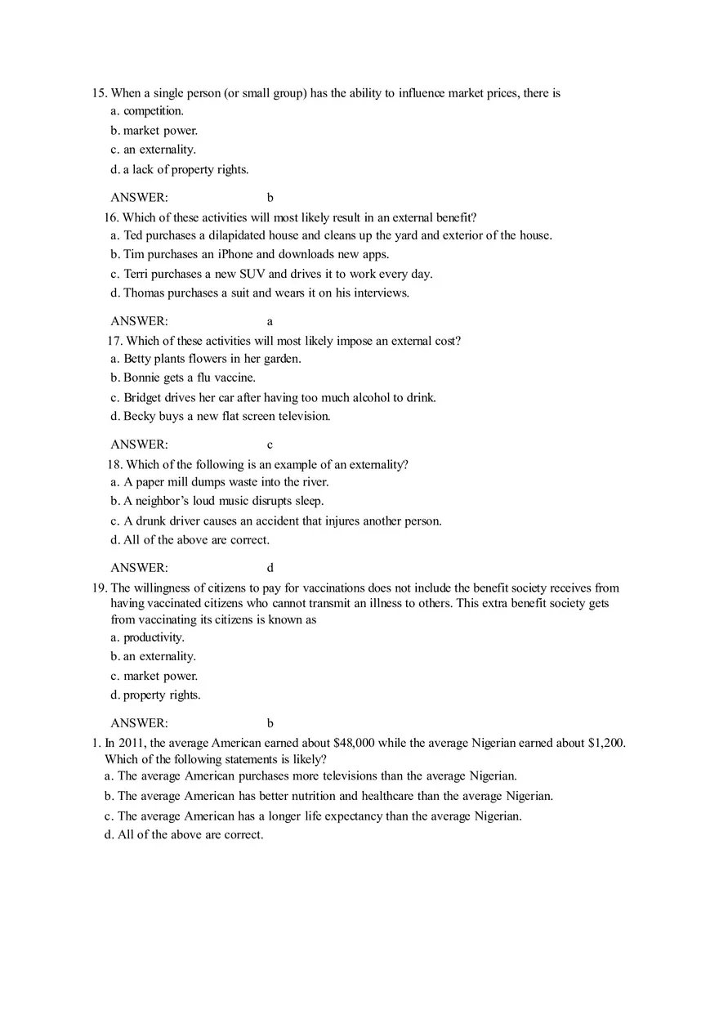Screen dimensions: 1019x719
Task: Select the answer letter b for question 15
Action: [x=270, y=198]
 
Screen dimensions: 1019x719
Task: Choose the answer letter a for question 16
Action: [x=270, y=321]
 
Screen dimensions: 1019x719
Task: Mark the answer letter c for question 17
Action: [x=270, y=445]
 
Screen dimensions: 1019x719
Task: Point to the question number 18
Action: [x=114, y=464]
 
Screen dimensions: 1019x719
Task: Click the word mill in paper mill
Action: [x=181, y=482]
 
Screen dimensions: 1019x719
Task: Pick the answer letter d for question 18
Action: [x=270, y=568]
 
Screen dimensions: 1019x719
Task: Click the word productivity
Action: [x=154, y=637]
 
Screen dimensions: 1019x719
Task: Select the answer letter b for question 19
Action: [x=270, y=723]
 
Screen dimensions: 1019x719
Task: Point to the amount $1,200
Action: [x=606, y=743]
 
